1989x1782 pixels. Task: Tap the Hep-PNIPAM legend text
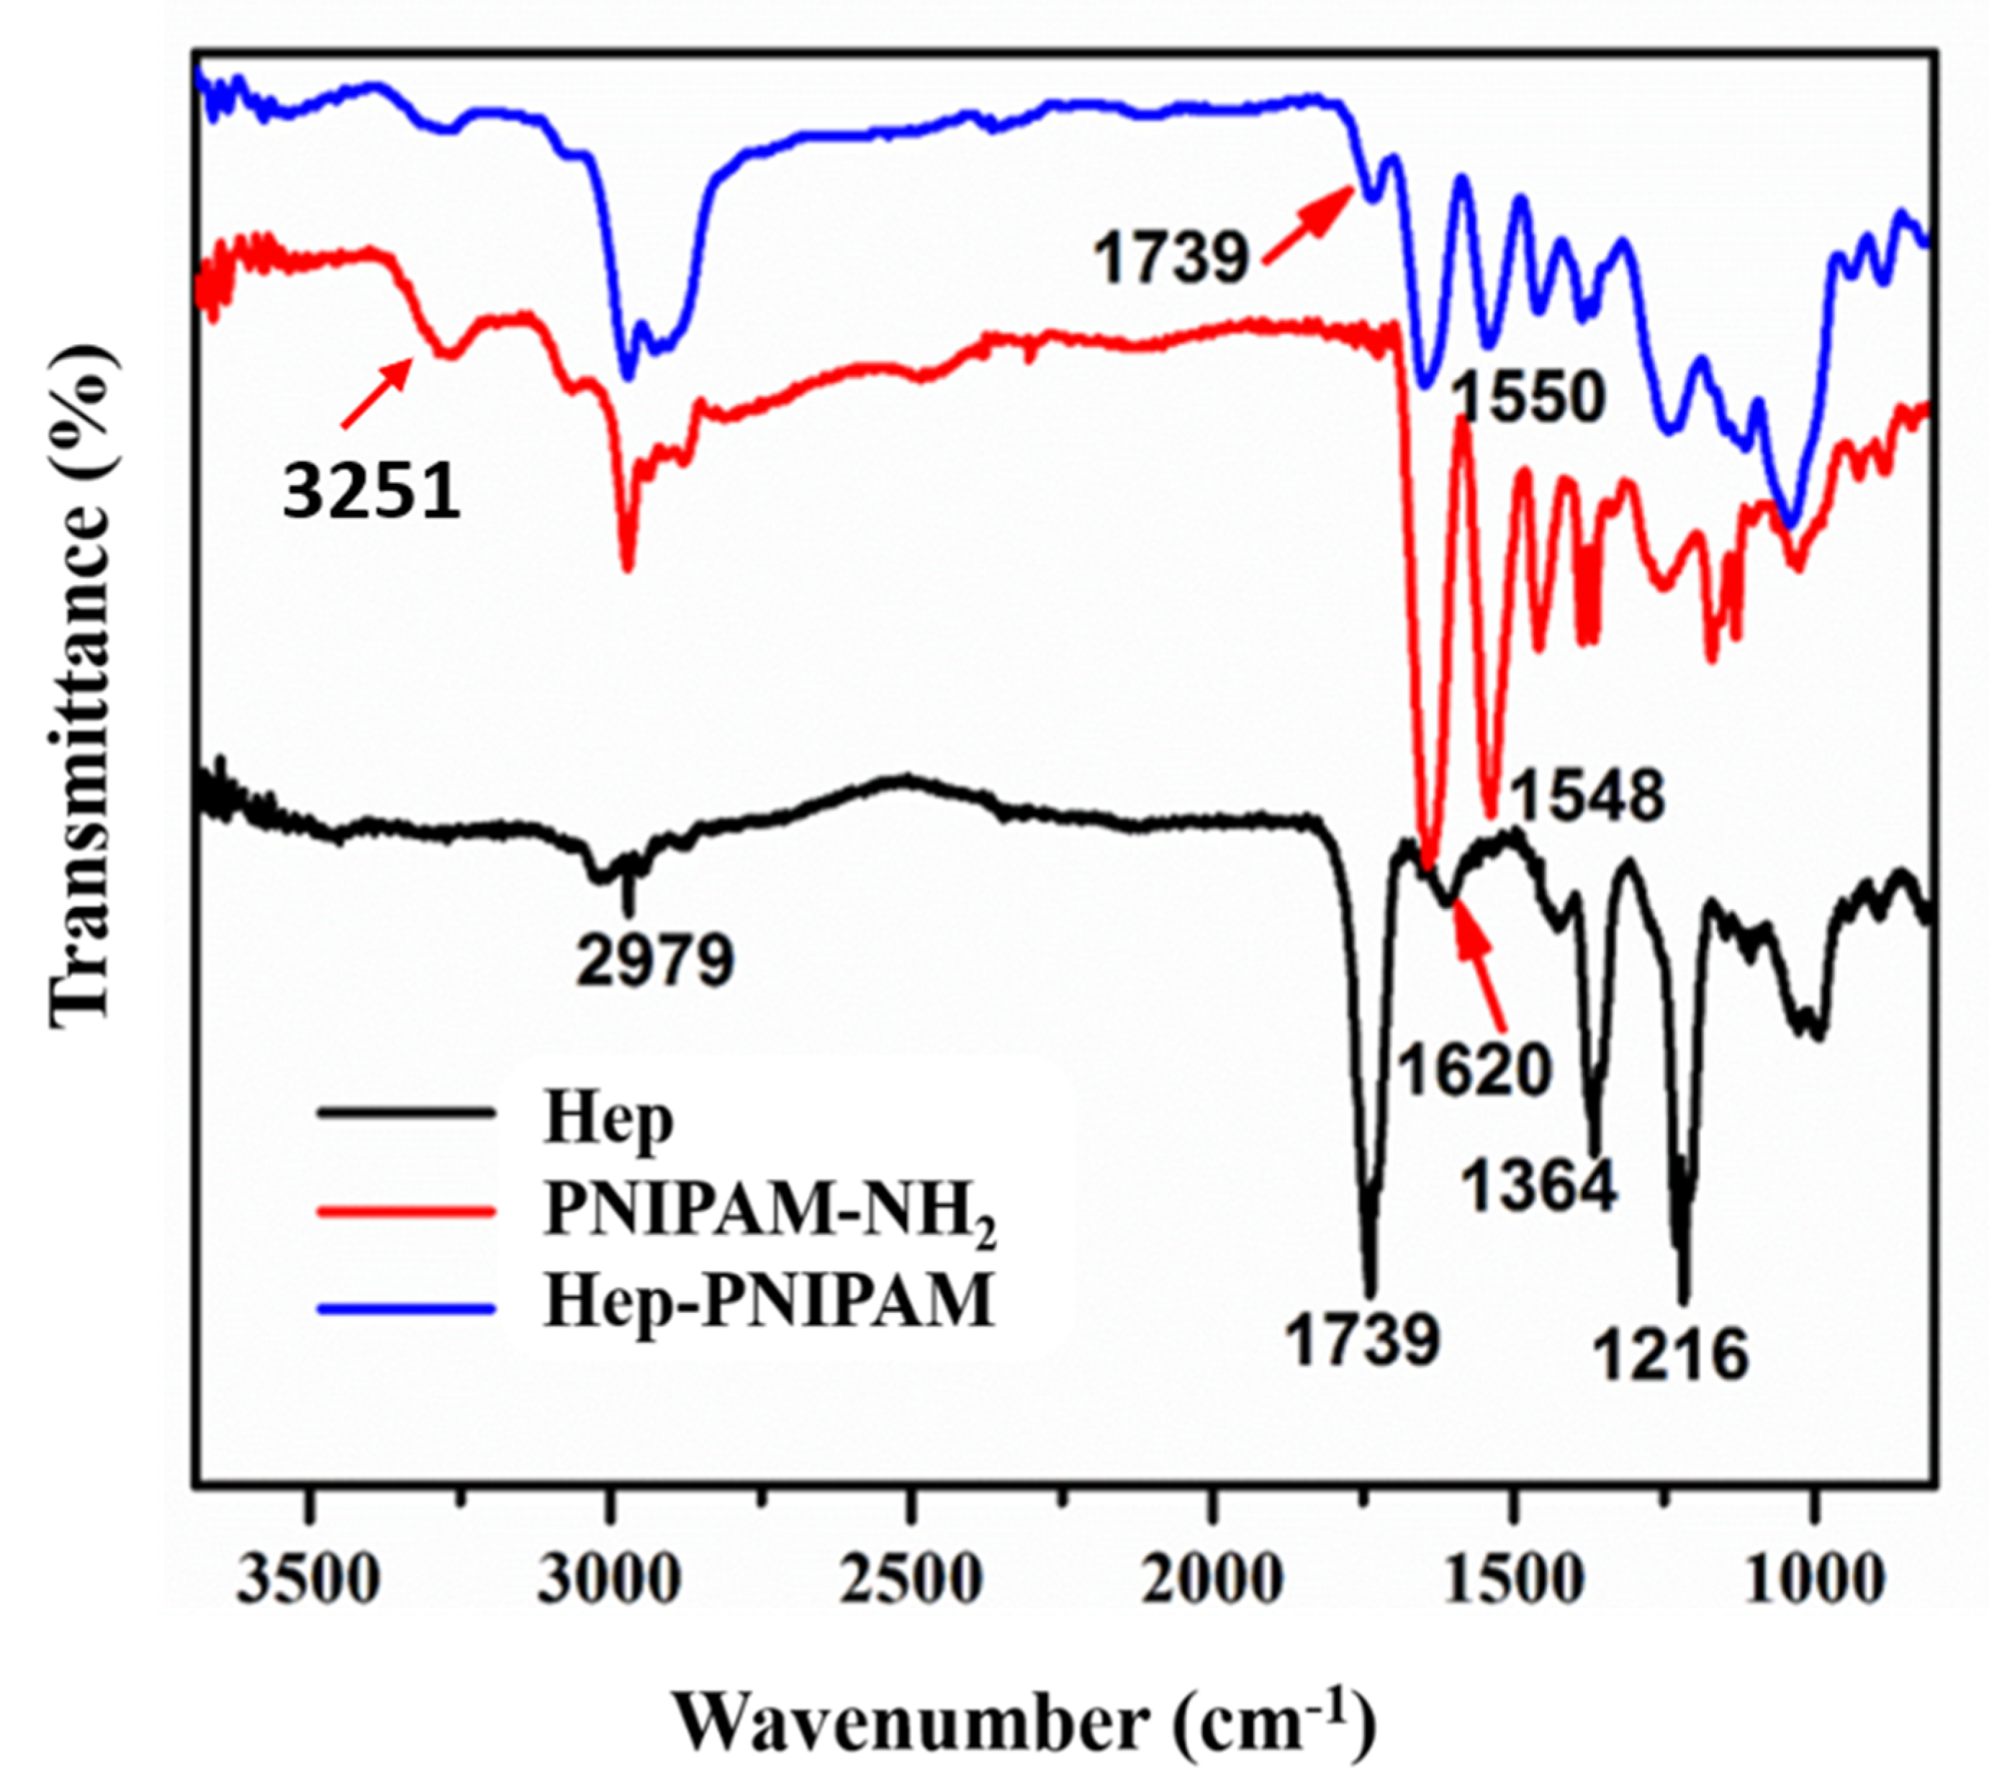pyautogui.click(x=769, y=1302)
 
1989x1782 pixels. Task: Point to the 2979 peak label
pyautogui.click(x=654, y=959)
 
